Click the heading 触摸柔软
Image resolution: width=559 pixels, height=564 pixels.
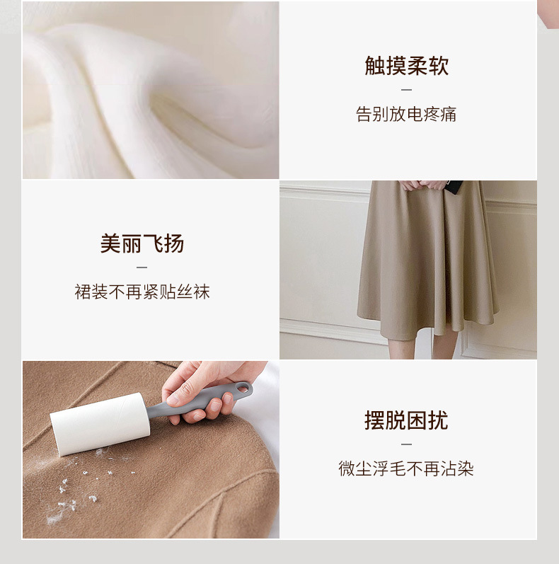(407, 66)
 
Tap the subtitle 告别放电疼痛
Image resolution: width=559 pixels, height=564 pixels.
(406, 115)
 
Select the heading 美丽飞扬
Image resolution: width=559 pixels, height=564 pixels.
(142, 243)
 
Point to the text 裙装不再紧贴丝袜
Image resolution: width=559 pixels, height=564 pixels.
(142, 292)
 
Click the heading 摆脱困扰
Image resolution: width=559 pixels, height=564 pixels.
(406, 420)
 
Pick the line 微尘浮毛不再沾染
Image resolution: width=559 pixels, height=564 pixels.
(406, 468)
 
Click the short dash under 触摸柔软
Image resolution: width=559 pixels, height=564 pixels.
(406, 90)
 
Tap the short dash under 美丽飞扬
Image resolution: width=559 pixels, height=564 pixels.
(142, 267)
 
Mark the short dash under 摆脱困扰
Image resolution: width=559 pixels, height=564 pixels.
(406, 444)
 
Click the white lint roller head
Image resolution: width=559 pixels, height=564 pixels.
(99, 422)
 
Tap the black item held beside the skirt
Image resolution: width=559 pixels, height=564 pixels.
(456, 187)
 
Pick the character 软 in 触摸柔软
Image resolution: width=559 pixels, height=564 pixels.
(439, 66)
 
